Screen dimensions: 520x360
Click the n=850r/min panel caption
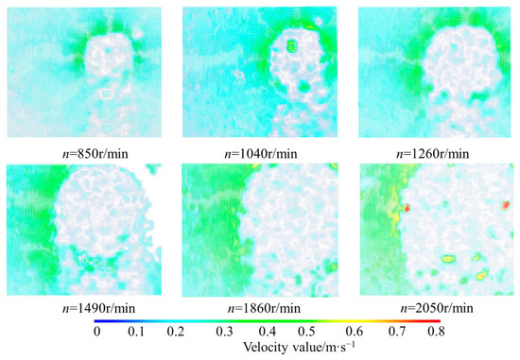(95, 154)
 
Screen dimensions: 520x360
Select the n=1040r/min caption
(261, 154)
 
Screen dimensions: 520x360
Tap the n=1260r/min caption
(433, 154)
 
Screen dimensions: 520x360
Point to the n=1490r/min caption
(99, 309)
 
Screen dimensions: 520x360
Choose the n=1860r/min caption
(264, 309)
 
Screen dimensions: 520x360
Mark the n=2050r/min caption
(437, 309)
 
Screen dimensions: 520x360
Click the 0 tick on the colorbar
(96, 332)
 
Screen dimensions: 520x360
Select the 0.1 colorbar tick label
(136, 332)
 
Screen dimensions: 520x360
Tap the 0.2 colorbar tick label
(176, 332)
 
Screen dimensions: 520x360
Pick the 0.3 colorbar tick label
(224, 332)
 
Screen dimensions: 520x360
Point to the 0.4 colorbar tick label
(268, 332)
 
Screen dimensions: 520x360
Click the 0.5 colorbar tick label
(306, 332)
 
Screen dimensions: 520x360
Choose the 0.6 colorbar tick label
(355, 332)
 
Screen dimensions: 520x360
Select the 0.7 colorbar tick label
(397, 332)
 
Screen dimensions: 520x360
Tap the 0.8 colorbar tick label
(436, 332)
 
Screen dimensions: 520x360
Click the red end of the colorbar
(439, 321)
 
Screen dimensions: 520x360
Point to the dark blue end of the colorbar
(96, 321)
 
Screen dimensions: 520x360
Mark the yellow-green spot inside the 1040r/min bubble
(292, 45)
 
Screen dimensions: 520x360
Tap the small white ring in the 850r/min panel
(107, 94)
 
